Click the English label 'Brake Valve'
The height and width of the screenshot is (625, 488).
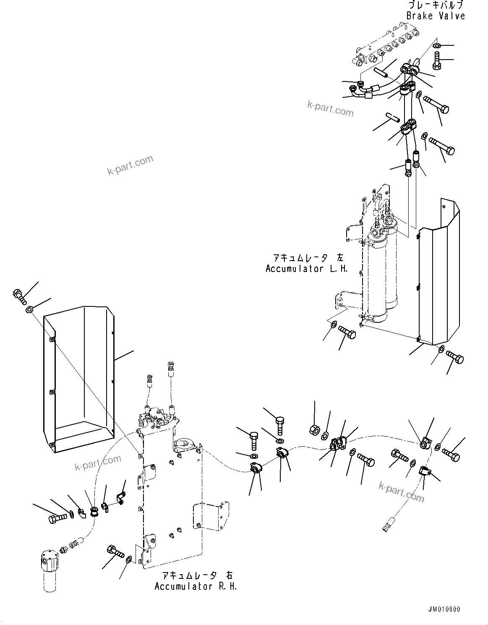(436, 16)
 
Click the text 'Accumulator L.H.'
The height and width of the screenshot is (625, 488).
(307, 269)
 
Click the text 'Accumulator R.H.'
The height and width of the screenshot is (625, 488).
(196, 586)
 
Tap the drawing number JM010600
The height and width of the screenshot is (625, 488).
(444, 609)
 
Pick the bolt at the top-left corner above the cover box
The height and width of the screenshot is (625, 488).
(19, 296)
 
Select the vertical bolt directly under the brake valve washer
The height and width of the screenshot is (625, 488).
(436, 62)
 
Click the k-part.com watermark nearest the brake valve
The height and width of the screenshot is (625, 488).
(330, 109)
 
